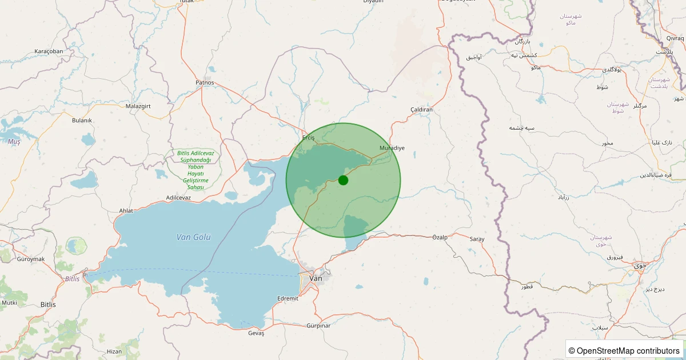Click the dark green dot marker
(x=343, y=180)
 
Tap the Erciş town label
(x=309, y=138)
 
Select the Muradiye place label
(x=392, y=148)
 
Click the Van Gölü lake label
(x=194, y=237)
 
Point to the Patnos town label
(x=205, y=82)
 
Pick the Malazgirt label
(x=137, y=106)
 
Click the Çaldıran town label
(x=422, y=109)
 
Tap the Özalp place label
(x=440, y=237)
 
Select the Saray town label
(x=477, y=239)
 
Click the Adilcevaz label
(x=178, y=198)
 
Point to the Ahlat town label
(x=126, y=210)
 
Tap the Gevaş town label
(x=256, y=333)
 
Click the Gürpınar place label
(x=318, y=326)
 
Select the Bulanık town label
(x=82, y=120)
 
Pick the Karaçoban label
(x=49, y=51)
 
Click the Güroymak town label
(x=31, y=259)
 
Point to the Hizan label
(x=114, y=351)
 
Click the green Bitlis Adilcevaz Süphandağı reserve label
(x=196, y=170)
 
